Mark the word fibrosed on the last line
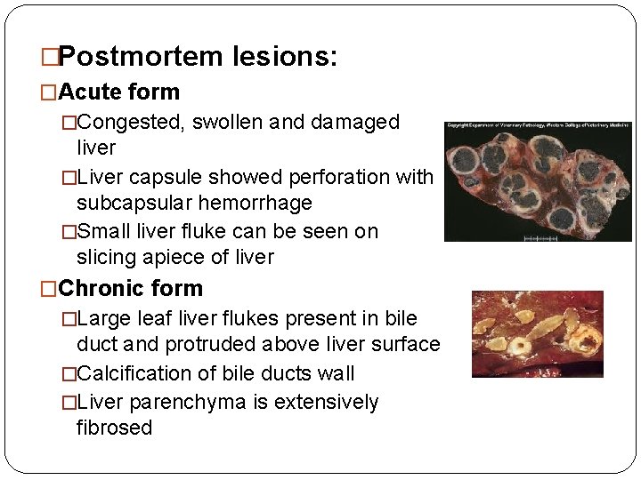click(x=115, y=428)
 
